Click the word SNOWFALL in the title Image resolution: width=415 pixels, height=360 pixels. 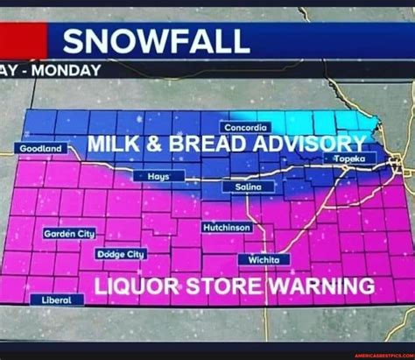156,40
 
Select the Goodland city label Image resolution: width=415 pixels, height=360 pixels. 40,149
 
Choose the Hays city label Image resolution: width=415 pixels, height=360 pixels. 158,176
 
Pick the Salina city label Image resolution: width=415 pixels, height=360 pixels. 249,187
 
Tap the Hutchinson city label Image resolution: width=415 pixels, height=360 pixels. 227,227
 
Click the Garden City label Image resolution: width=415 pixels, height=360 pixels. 69,233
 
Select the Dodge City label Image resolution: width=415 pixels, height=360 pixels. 120,254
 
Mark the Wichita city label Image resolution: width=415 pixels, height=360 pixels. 264,260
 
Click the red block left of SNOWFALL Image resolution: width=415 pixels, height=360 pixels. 23,41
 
